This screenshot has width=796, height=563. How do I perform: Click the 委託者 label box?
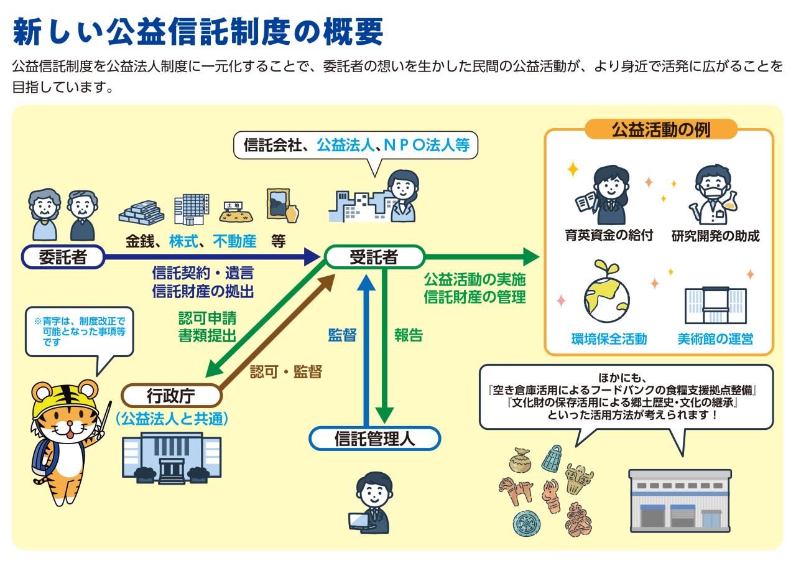(63, 256)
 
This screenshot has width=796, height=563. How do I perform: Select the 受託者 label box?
(374, 256)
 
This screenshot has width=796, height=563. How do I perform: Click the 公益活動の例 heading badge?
(660, 130)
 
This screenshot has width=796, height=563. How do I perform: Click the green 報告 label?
(409, 335)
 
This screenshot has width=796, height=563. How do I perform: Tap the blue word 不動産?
(234, 241)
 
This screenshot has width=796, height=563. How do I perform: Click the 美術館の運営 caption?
(715, 339)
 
